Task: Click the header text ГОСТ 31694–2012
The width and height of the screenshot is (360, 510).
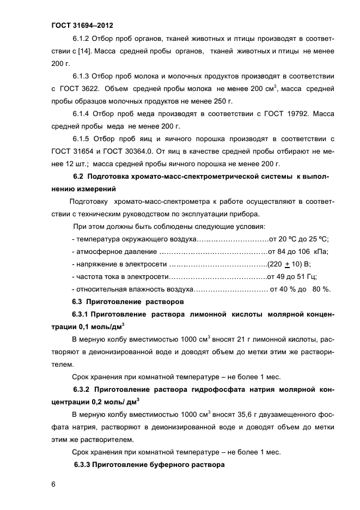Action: (x=81, y=25)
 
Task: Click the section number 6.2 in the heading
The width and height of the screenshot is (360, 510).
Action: (x=80, y=177)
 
